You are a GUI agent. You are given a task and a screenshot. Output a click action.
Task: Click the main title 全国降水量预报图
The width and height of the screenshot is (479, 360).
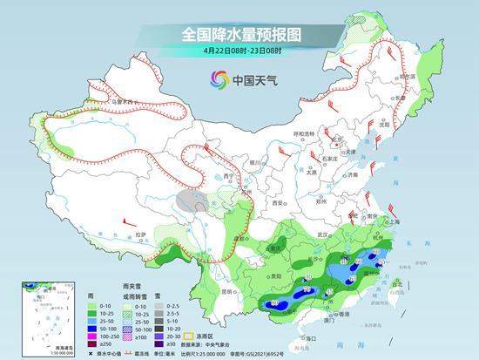239,34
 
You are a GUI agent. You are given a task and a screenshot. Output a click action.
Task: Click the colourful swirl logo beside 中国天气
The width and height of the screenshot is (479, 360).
218,79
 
